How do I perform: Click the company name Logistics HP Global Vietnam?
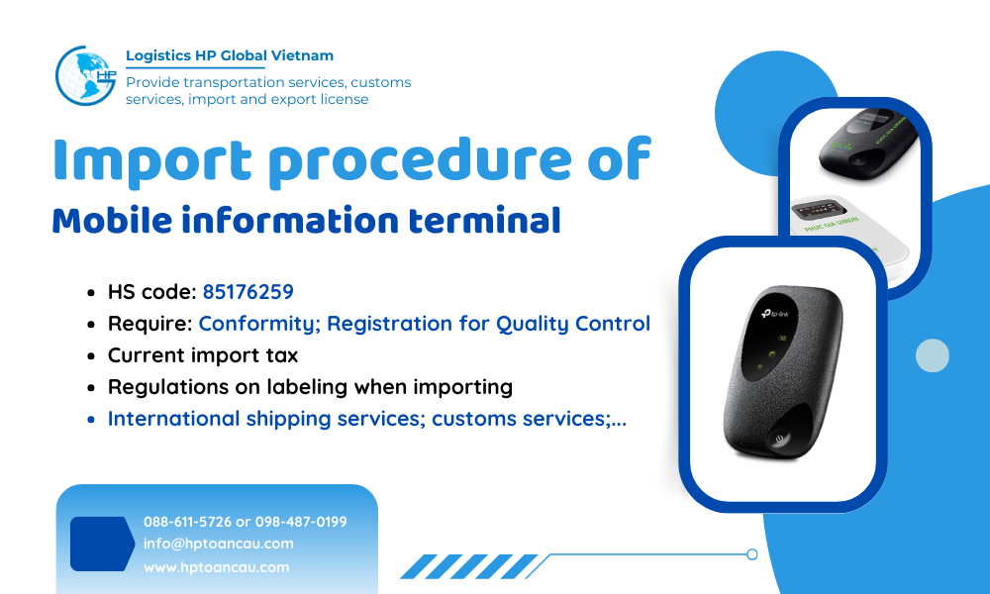[230, 55]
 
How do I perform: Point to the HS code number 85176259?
[247, 292]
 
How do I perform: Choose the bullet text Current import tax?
[203, 355]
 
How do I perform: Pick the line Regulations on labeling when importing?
[310, 387]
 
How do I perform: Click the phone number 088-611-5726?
[187, 522]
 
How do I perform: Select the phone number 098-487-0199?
[301, 522]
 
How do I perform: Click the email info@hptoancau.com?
[218, 544]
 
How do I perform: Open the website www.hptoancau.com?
[216, 567]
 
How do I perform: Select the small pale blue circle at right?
[932, 355]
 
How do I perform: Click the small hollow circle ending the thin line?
[752, 554]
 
